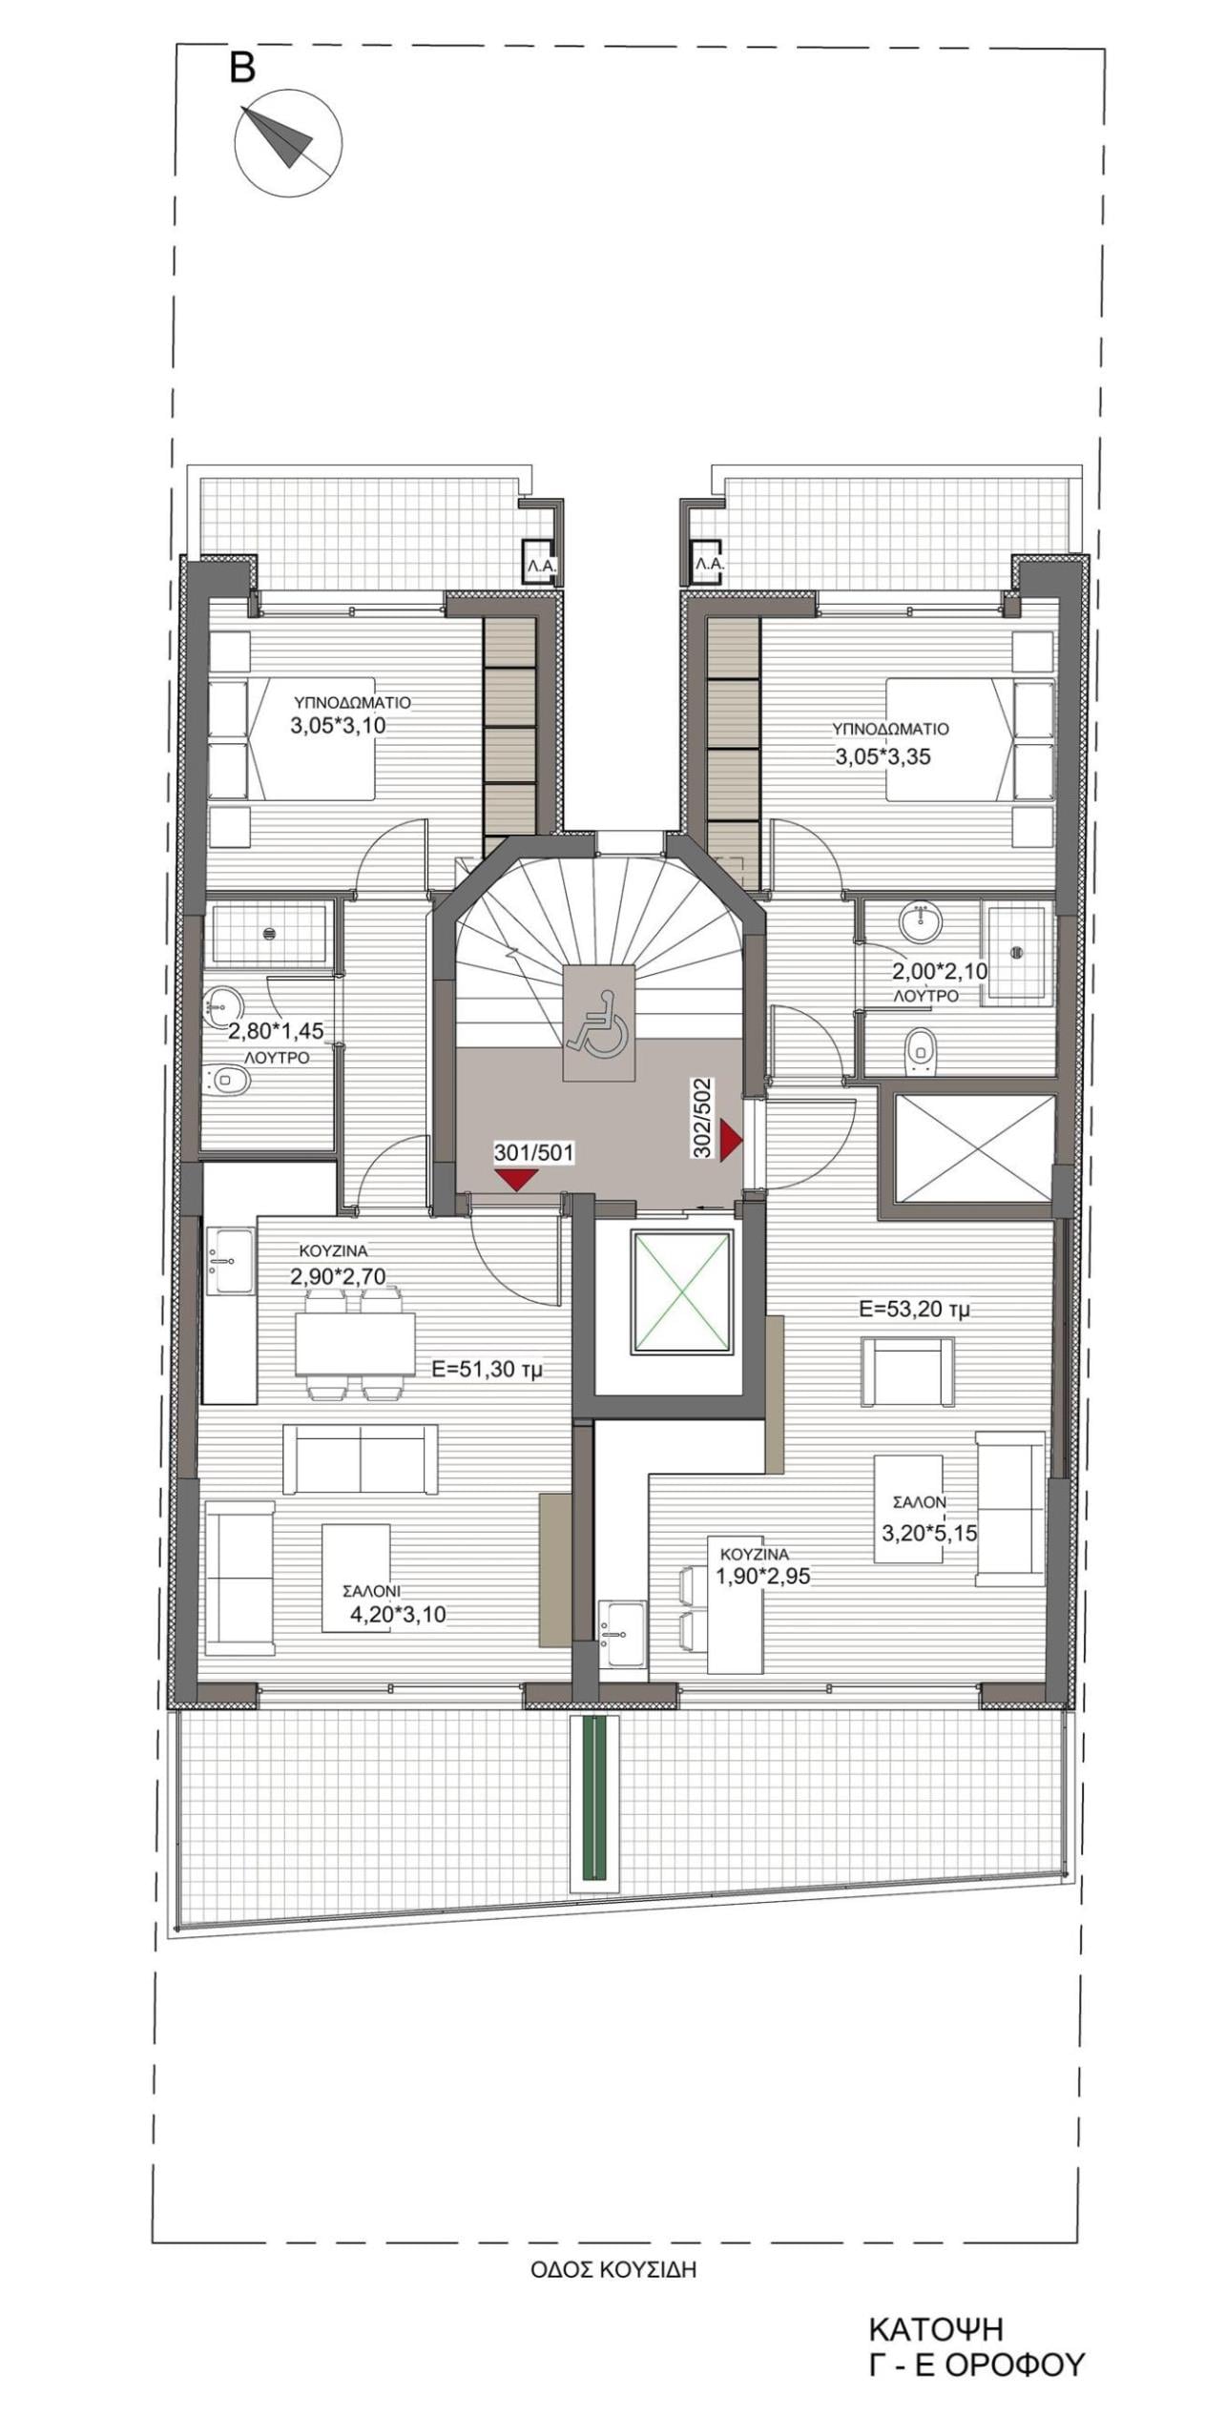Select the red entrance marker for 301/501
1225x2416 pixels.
pos(517,1180)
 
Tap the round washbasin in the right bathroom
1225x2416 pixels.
pos(920,923)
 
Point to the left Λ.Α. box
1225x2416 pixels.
pos(540,563)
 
